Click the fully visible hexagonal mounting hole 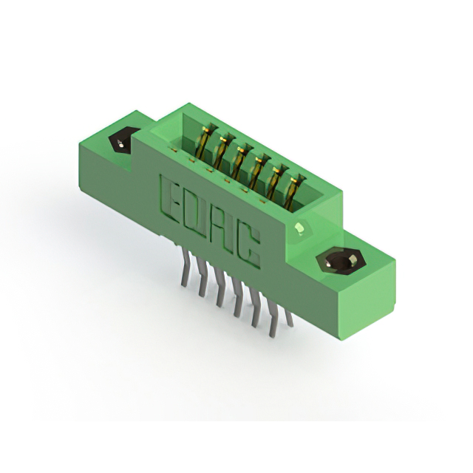coord(341,260)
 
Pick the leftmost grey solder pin coord(186,269)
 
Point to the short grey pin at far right coord(289,318)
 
